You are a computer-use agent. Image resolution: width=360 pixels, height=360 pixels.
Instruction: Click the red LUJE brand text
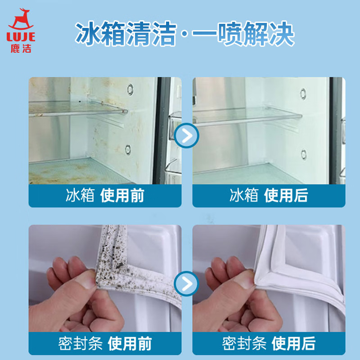21,37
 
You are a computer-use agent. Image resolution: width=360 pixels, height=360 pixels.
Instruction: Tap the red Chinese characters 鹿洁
21,49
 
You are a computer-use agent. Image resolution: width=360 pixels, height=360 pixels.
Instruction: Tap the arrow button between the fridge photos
186,135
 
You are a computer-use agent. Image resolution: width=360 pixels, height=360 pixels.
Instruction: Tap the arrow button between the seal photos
186,283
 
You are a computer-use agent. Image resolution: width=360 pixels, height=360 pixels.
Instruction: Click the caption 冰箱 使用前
105,195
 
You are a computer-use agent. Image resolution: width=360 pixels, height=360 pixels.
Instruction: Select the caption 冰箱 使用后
269,195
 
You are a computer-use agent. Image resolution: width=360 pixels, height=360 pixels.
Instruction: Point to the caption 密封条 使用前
105,343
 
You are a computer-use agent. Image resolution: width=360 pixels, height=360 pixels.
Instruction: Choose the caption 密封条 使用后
269,343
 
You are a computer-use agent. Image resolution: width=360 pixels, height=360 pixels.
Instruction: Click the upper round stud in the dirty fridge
130,89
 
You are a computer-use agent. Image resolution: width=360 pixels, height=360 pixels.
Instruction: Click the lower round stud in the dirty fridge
128,149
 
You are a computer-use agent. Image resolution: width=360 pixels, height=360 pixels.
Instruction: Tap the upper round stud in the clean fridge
303,94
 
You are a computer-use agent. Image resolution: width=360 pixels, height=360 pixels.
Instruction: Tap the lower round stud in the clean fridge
303,154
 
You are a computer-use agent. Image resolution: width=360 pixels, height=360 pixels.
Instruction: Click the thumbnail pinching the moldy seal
85,279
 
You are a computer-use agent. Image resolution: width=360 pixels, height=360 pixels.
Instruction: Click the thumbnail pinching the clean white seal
244,279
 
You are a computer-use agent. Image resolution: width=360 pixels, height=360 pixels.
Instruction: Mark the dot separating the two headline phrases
184,34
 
